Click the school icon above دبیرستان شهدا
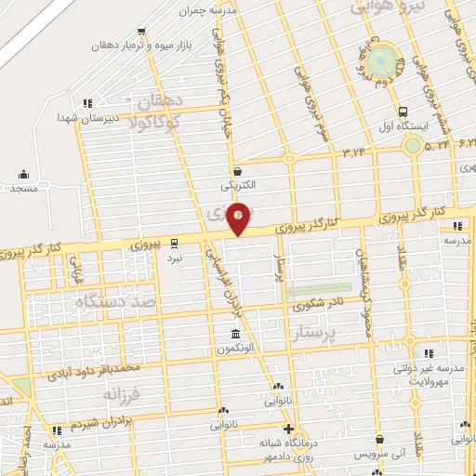click(x=86, y=103)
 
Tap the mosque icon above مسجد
click(x=23, y=174)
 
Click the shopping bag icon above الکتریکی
click(x=239, y=171)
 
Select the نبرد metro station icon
click(x=175, y=245)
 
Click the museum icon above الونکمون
click(x=235, y=333)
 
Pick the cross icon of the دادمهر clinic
click(x=289, y=430)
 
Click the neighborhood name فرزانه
click(x=121, y=395)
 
